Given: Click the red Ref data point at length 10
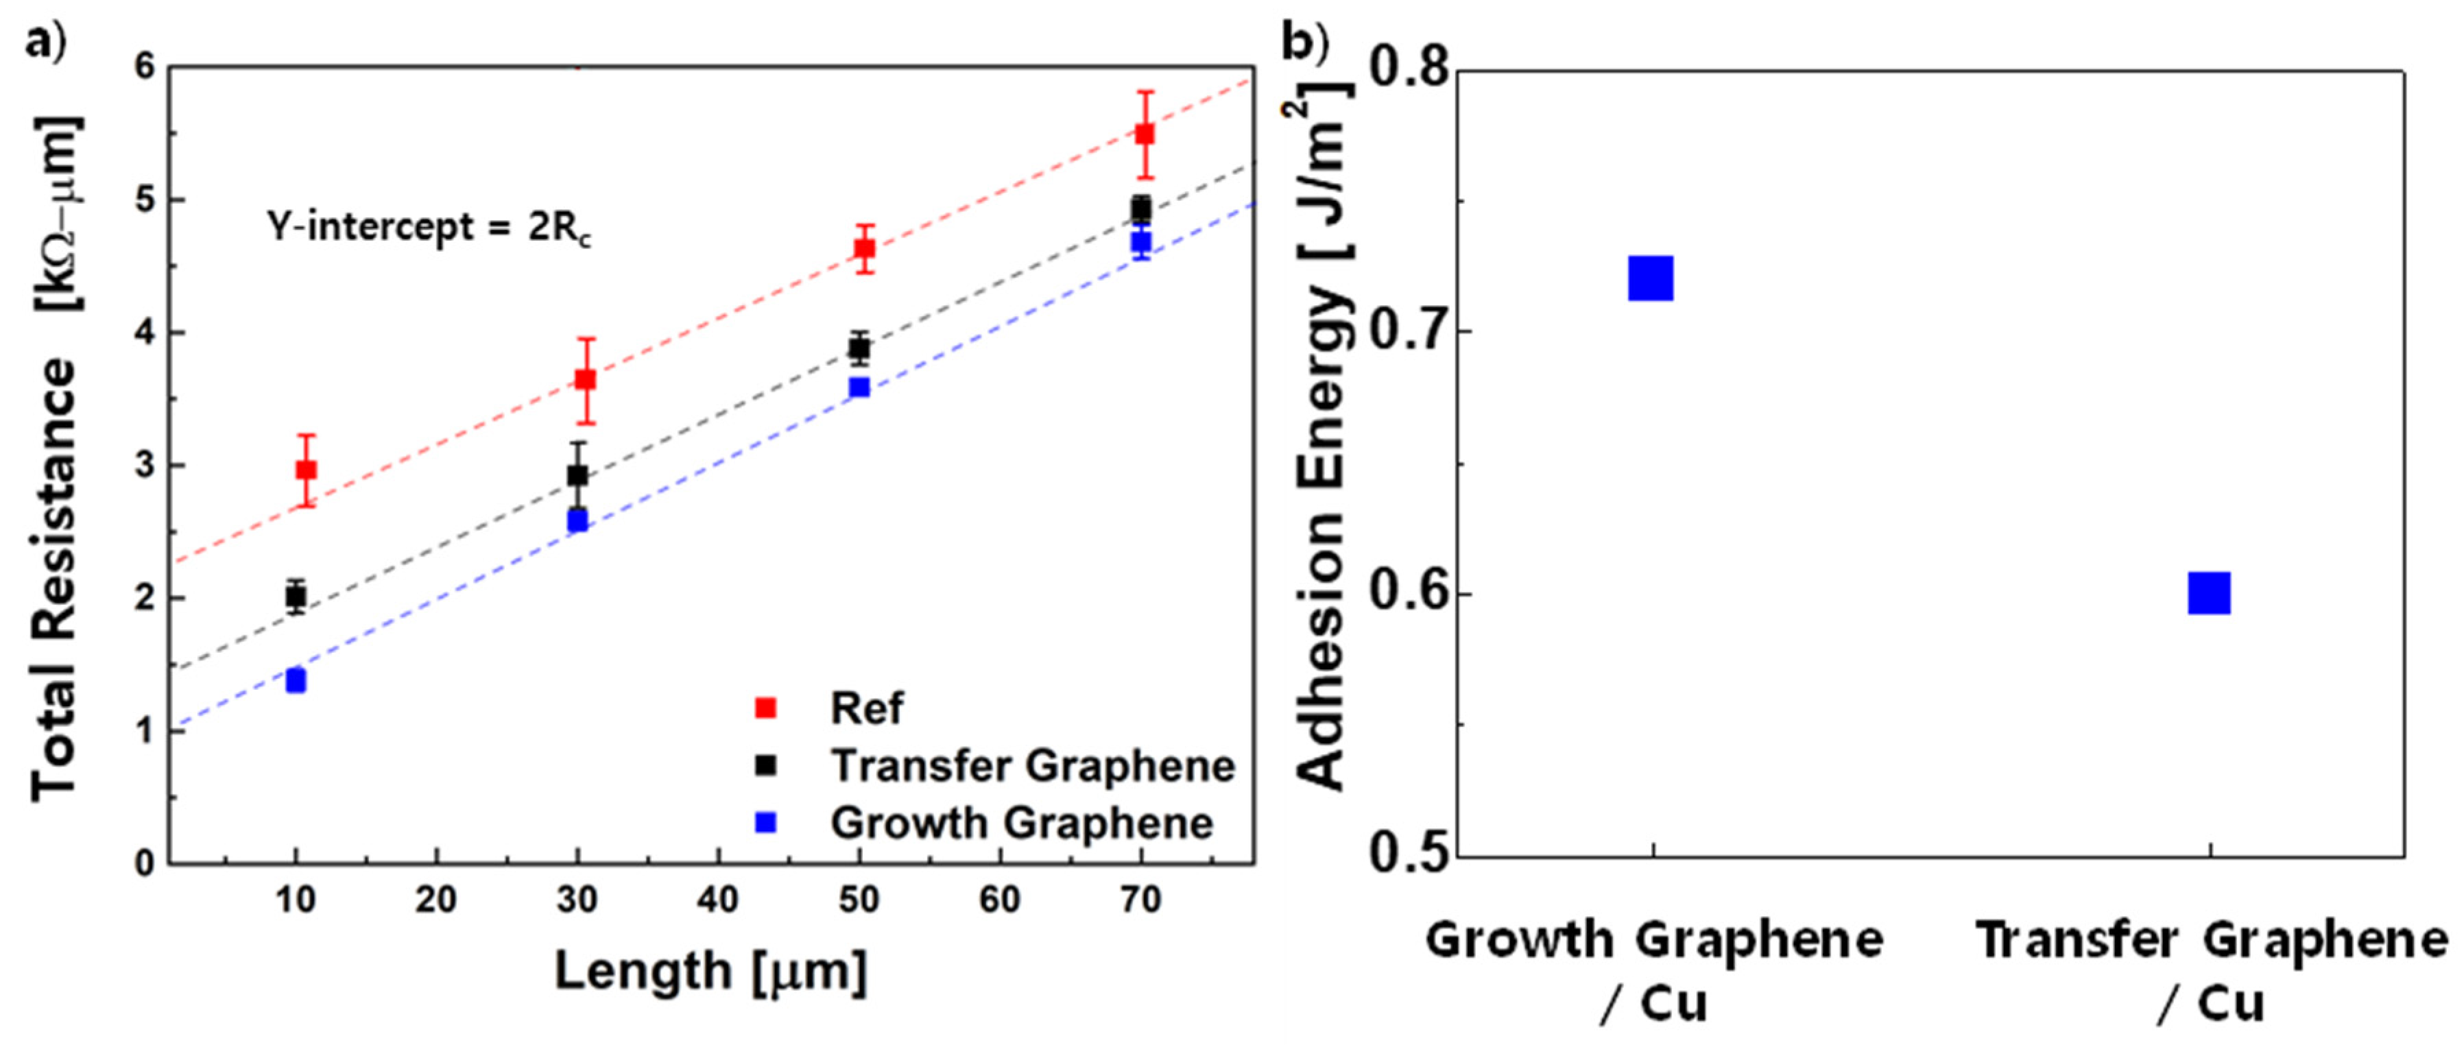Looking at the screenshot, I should pos(306,470).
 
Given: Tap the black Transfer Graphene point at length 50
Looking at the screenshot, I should pos(860,348).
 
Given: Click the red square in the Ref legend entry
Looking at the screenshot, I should pos(766,708).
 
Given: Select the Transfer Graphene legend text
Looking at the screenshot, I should pos(1032,766).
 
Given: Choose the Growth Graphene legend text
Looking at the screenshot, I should pos(1022,824).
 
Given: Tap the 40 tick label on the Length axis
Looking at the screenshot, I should pos(717,900).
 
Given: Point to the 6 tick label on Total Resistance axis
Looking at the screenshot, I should pos(145,67).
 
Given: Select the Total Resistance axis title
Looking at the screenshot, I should pos(56,459).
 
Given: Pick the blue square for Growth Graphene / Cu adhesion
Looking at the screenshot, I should pos(1651,278).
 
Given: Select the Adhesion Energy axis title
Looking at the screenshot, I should pos(1325,440).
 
